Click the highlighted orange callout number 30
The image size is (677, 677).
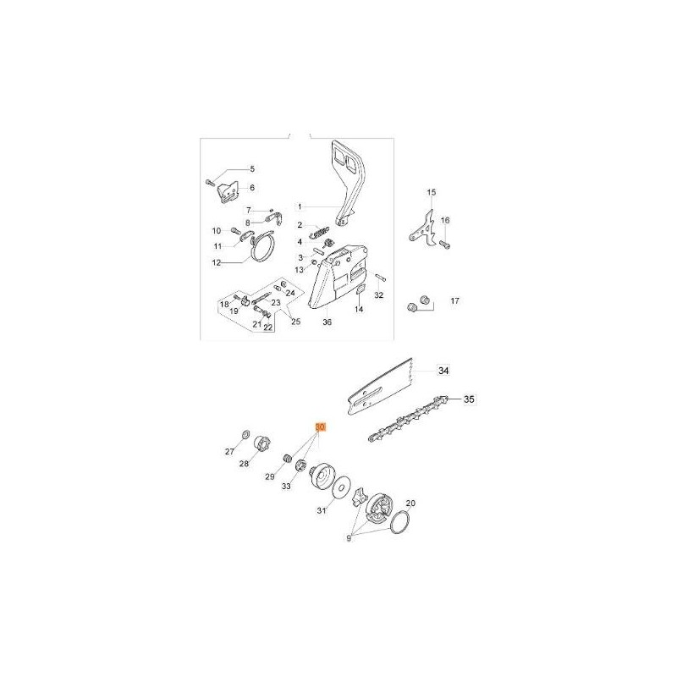click(320, 427)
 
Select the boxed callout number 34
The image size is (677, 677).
click(443, 371)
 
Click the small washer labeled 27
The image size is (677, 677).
click(243, 434)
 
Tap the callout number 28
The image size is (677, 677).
click(244, 464)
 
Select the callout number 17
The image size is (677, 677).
click(454, 302)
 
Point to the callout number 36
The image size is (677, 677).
click(327, 322)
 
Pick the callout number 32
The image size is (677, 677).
click(378, 295)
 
